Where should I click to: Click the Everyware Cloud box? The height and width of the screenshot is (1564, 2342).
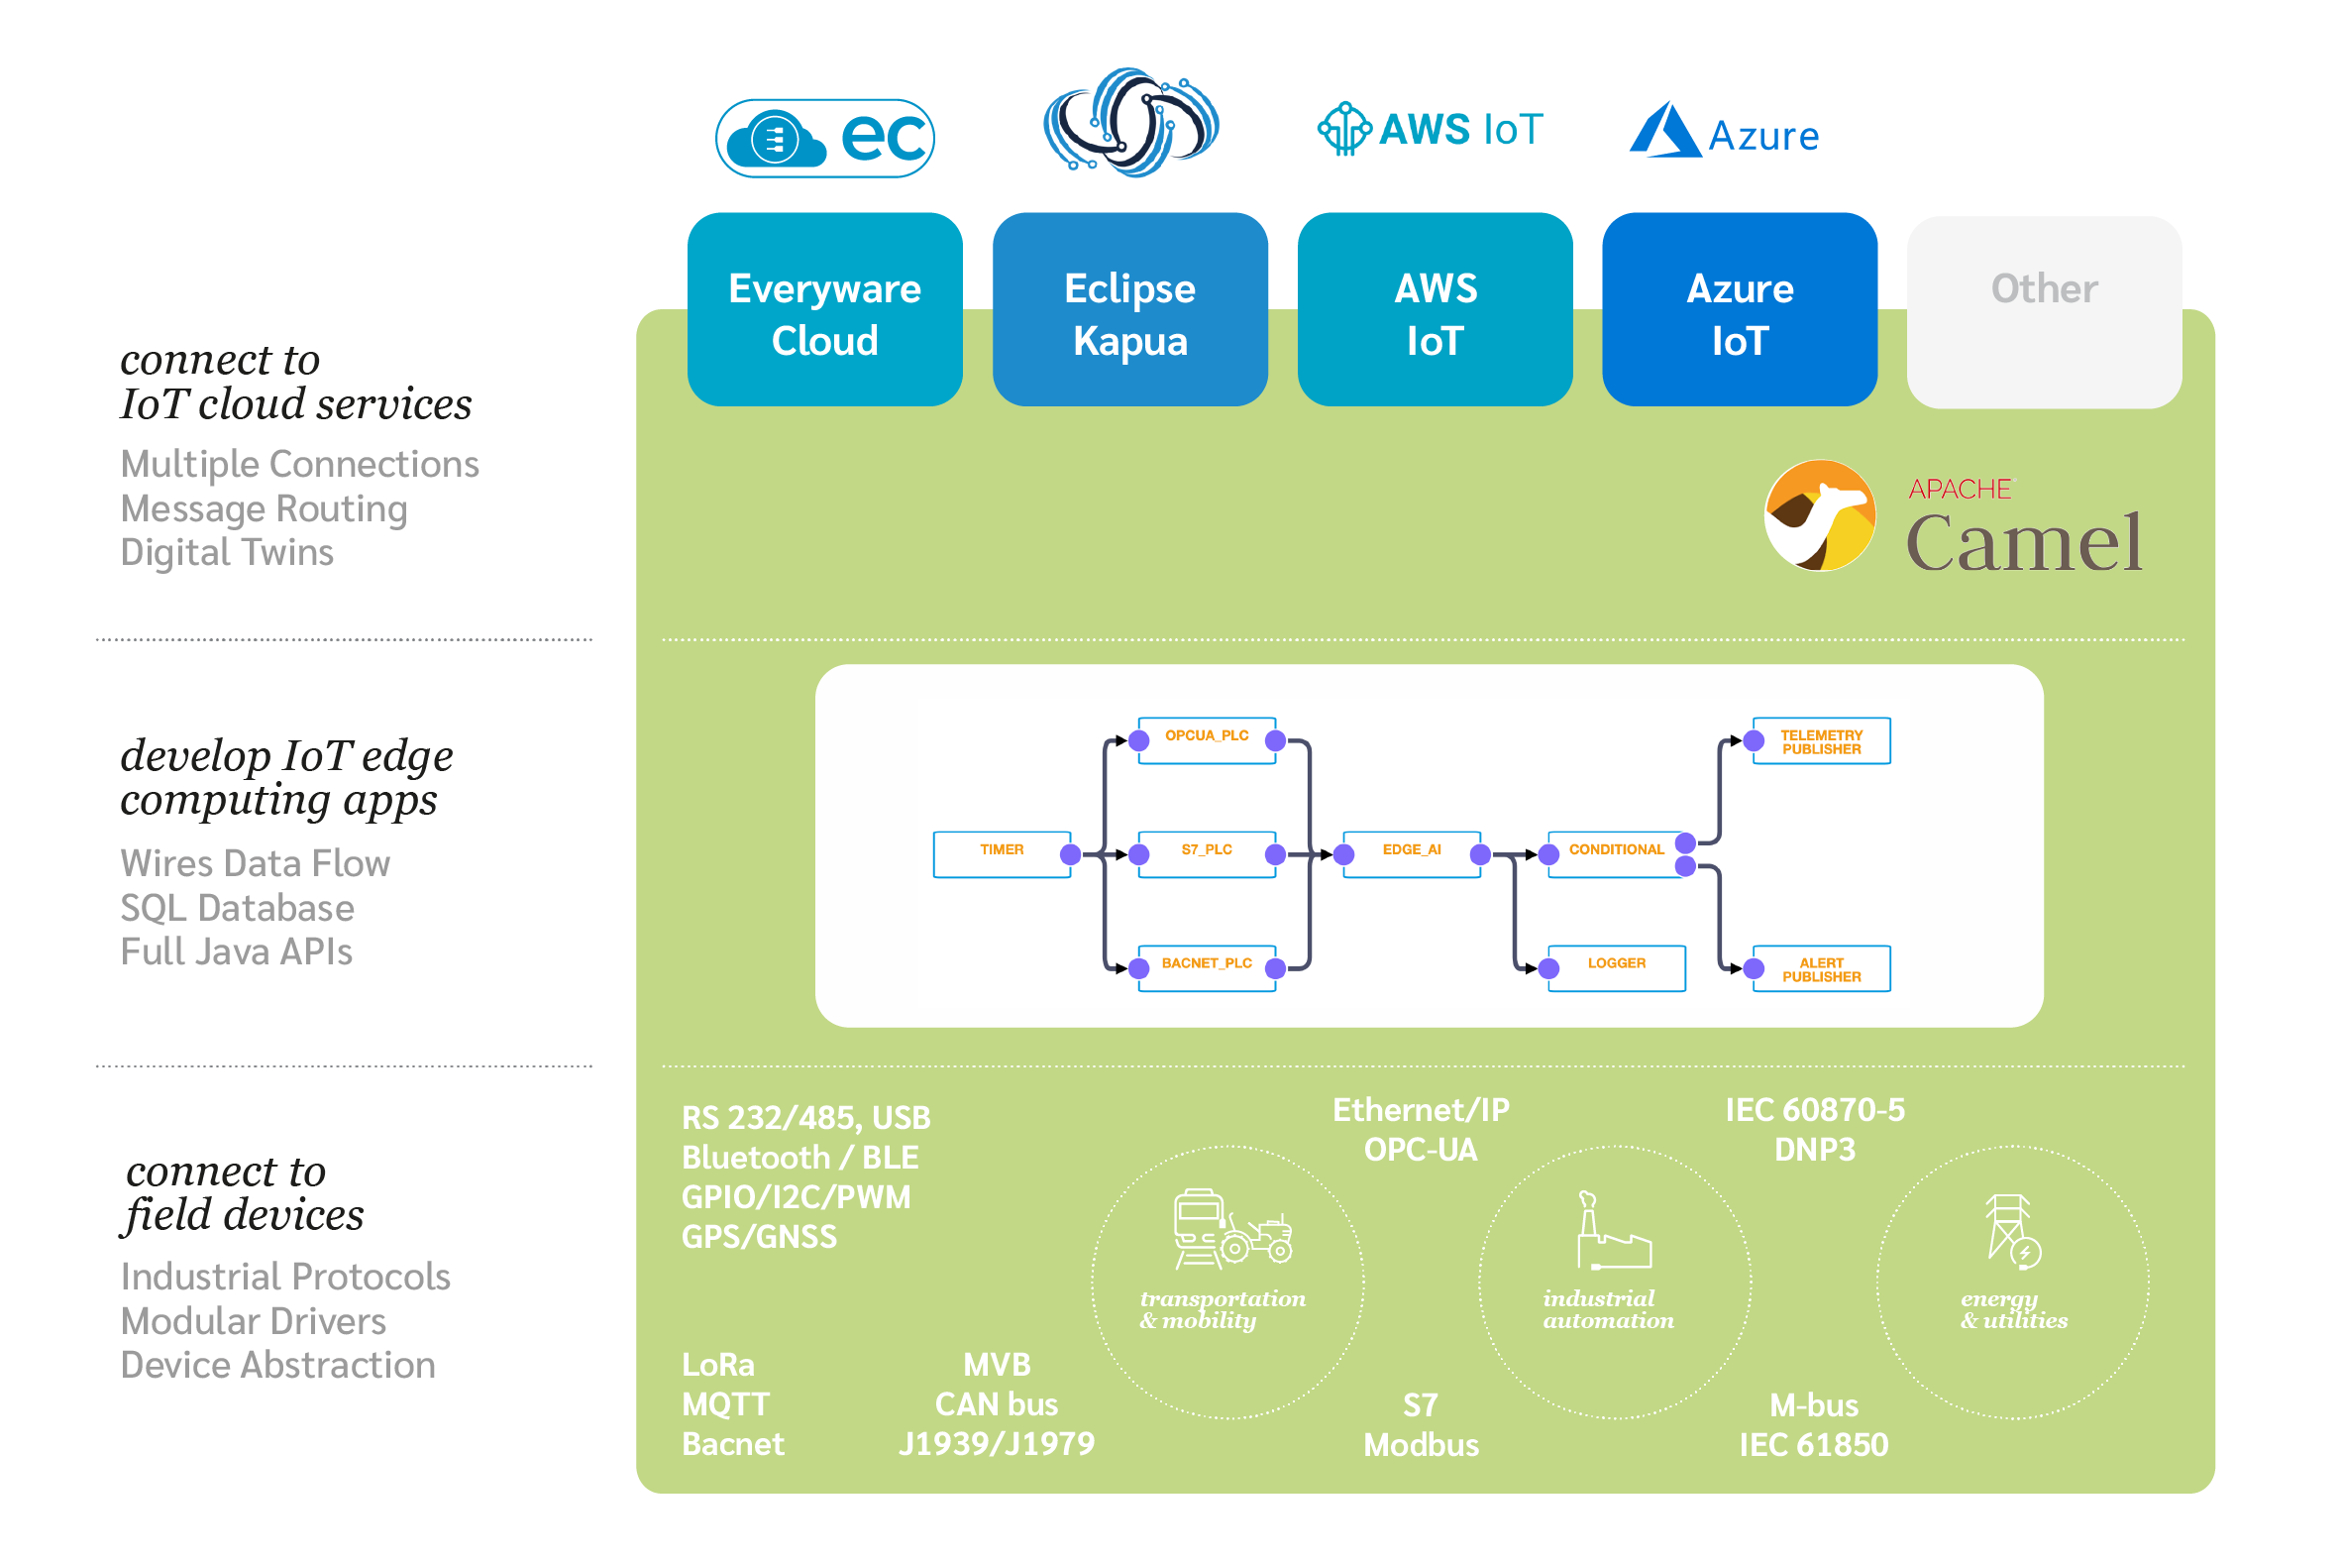(x=824, y=309)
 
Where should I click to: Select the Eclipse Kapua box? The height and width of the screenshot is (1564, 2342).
(x=1129, y=309)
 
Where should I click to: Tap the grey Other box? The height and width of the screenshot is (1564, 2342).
(x=2043, y=311)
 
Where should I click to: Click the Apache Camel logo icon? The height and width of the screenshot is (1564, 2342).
(x=1819, y=514)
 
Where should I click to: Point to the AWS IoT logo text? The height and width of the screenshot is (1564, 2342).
(x=1459, y=130)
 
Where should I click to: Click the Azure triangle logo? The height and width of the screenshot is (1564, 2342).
(x=1663, y=131)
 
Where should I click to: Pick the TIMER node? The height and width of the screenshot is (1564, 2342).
(x=1001, y=853)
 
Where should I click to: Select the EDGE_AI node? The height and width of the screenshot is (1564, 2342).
(x=1411, y=853)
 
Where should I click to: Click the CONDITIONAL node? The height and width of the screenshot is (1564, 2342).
(x=1615, y=853)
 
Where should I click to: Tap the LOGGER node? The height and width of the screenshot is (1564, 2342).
(x=1615, y=967)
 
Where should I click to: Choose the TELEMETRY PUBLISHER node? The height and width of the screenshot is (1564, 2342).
(x=1821, y=740)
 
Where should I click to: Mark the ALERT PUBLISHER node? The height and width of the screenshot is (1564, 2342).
(x=1821, y=967)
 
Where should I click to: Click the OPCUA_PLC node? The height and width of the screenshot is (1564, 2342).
(x=1207, y=740)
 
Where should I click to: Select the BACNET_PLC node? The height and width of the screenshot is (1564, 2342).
(x=1207, y=967)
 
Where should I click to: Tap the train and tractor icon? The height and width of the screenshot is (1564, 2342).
(x=1232, y=1230)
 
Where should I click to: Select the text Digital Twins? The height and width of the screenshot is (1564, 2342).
(x=227, y=553)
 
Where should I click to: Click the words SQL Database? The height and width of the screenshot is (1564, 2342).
(x=238, y=908)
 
